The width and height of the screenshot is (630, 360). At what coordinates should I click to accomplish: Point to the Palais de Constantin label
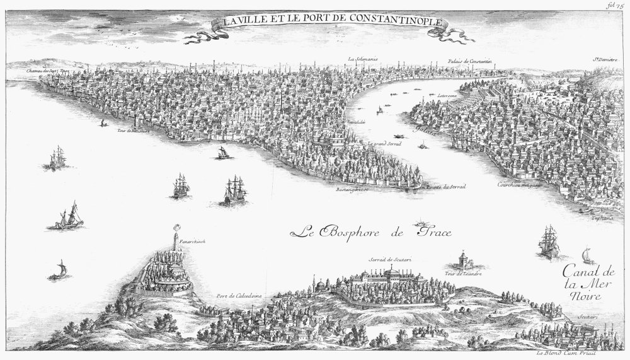tap(469, 61)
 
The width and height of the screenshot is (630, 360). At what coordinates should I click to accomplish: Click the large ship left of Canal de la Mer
tap(547, 241)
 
